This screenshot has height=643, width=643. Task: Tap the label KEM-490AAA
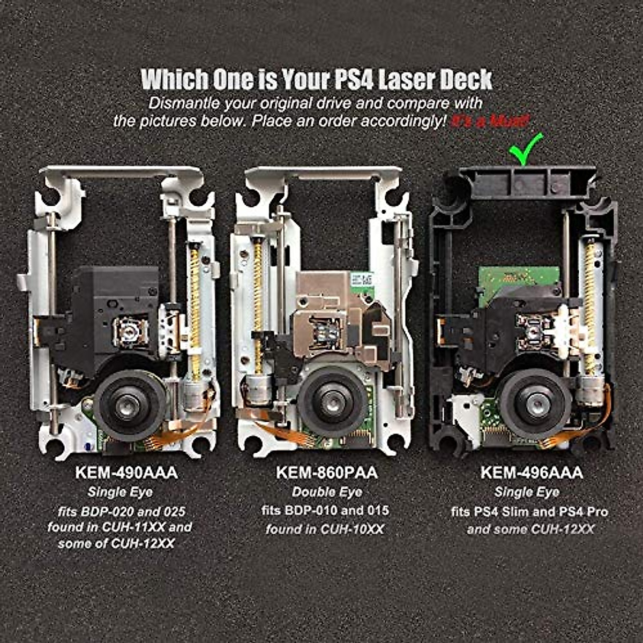(x=126, y=473)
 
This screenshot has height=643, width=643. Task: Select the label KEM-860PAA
(x=327, y=473)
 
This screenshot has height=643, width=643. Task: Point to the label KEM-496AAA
(x=532, y=473)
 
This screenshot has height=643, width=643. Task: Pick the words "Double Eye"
(x=327, y=492)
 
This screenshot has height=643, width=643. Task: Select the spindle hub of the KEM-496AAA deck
(x=535, y=403)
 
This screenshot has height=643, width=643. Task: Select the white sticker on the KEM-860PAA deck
(x=361, y=280)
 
